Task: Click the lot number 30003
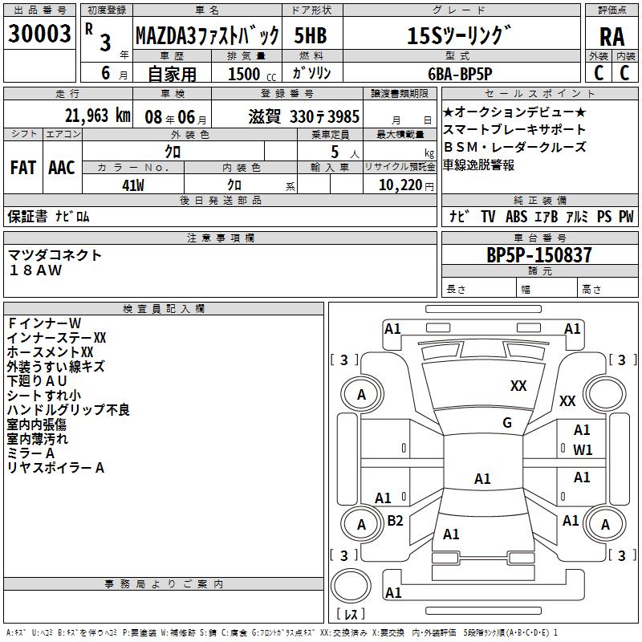39,35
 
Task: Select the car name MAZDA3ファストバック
206,35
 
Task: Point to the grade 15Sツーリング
458,35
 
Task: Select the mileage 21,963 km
97,116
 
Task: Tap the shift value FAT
22,167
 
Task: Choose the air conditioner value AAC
61,167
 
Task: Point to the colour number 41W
132,185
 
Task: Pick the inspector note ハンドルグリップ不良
68,410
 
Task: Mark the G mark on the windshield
507,423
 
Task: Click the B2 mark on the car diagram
395,521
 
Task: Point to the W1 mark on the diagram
583,450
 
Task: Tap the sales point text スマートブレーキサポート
514,129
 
